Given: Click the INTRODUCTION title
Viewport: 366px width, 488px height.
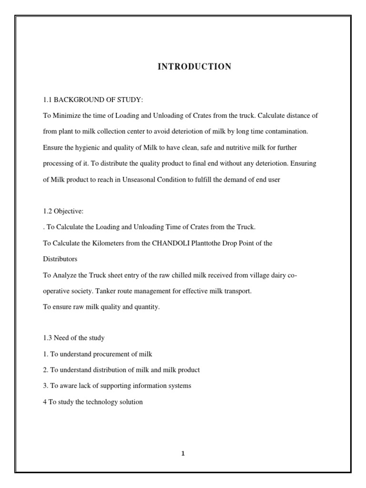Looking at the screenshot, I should (194, 67).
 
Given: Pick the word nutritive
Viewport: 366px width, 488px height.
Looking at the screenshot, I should (229, 148).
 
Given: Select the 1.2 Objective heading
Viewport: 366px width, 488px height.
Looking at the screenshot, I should (63, 211).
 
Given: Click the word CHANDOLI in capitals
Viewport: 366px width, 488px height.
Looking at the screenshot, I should (171, 243).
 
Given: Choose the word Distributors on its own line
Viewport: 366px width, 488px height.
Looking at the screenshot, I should (60, 259).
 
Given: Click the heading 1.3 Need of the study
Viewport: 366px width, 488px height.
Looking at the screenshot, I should (73, 338).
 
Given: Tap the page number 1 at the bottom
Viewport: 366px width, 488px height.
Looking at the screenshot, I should (183, 454).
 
